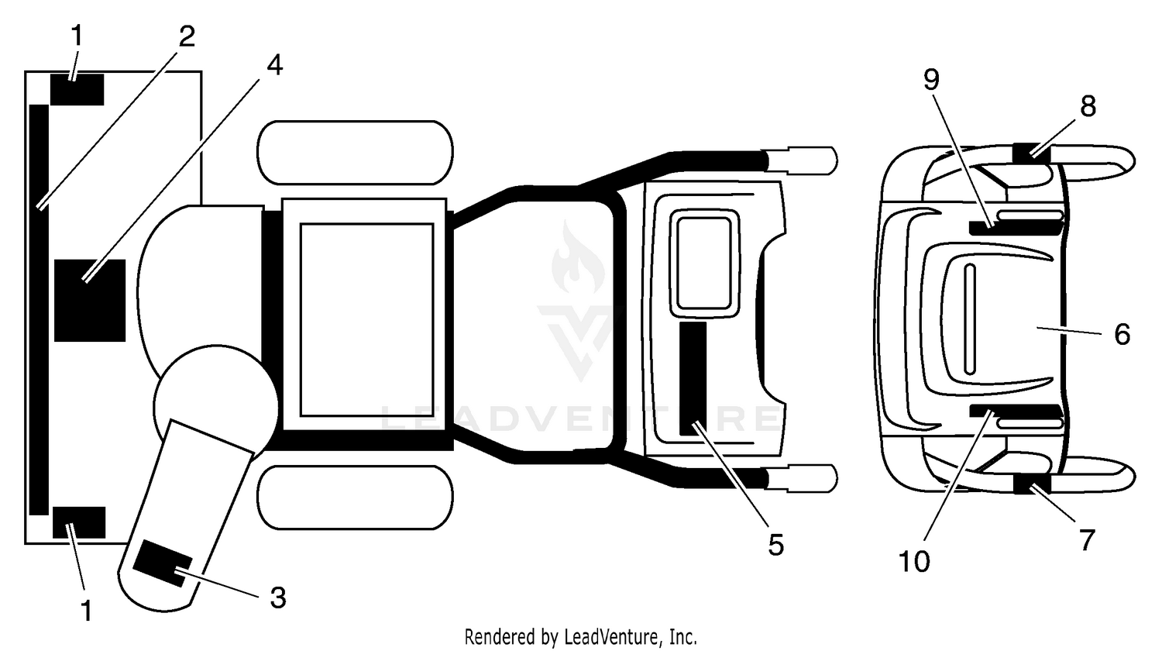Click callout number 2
click(x=187, y=36)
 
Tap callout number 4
click(x=274, y=65)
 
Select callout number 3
click(x=278, y=598)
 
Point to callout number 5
click(x=775, y=545)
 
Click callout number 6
click(x=1122, y=334)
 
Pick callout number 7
click(x=1087, y=540)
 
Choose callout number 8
click(x=1088, y=106)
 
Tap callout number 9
click(x=931, y=80)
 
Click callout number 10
click(x=914, y=561)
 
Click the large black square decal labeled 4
click(x=90, y=301)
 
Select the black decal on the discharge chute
click(x=163, y=563)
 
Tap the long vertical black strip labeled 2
click(x=39, y=310)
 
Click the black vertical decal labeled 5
click(x=693, y=378)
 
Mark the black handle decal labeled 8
click(x=1032, y=153)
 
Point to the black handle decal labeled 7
click(x=1032, y=484)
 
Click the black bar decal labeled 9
click(x=1016, y=228)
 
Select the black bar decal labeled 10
click(x=1016, y=412)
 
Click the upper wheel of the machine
click(x=355, y=153)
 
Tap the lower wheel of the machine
click(x=355, y=498)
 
